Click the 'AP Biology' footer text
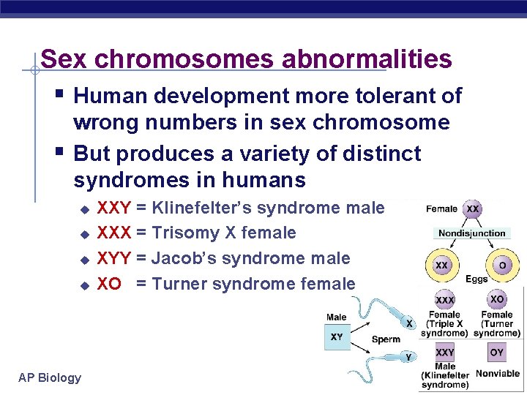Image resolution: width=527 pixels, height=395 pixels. pos(50,377)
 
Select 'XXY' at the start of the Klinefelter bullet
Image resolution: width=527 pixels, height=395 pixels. pos(114,208)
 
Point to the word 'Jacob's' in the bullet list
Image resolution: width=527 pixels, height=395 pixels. pos(184,258)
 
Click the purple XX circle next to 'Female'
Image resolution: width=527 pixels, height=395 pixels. pos(474,209)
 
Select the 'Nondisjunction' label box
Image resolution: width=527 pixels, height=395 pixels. pos(471,233)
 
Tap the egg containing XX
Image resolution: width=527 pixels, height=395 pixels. pos(442,266)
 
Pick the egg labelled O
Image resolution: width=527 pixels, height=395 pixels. pos(501,266)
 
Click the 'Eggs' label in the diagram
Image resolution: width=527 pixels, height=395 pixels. pos(476,279)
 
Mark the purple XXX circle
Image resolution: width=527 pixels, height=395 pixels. pos(444,301)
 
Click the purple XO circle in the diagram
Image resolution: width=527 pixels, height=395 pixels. pos(497,300)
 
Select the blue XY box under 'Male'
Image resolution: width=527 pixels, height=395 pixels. pos(337,337)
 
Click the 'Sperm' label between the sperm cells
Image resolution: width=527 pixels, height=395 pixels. pos(386,339)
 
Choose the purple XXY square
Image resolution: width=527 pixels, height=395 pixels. pos(444,353)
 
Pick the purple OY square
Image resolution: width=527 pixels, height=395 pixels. pos(497,353)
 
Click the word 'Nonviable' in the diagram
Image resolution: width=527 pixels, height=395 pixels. pos(497,373)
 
